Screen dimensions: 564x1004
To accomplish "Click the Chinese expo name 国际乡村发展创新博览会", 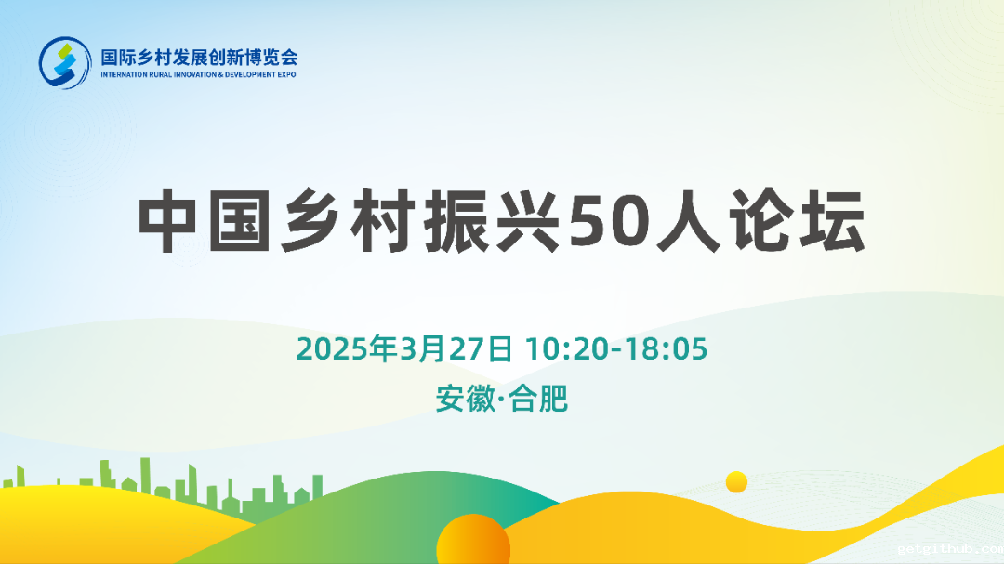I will pyautogui.click(x=199, y=56).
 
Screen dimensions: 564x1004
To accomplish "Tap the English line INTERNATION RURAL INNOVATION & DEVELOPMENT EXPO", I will pyautogui.click(x=198, y=74).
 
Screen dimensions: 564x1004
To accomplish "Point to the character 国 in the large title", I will pyautogui.click(x=241, y=224).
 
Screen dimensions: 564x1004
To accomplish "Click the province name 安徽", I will pyautogui.click(x=465, y=399).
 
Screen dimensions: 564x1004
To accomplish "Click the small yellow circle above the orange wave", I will pyautogui.click(x=736, y=481).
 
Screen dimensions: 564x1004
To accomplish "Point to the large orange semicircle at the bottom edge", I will pyautogui.click(x=473, y=543).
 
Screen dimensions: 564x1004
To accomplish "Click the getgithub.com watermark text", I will pyautogui.click(x=949, y=549).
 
